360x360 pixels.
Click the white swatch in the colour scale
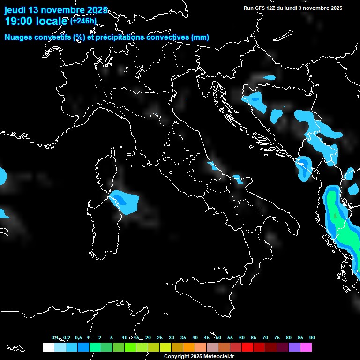pos(48,347)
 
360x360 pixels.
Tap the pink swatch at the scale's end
pos(306,347)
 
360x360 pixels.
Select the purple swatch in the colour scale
pos(294,347)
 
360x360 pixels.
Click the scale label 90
pos(312,338)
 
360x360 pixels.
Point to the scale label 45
pos(207,338)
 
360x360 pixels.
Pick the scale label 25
pos(160,338)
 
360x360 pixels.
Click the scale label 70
pos(265,338)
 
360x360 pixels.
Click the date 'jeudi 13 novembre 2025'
pos(56,10)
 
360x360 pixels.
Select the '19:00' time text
pos(17,21)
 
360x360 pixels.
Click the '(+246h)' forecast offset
pos(83,21)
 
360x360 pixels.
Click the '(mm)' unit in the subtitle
pos(200,37)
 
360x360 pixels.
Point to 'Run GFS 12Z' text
pos(260,8)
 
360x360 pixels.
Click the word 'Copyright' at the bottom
pos(177,357)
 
